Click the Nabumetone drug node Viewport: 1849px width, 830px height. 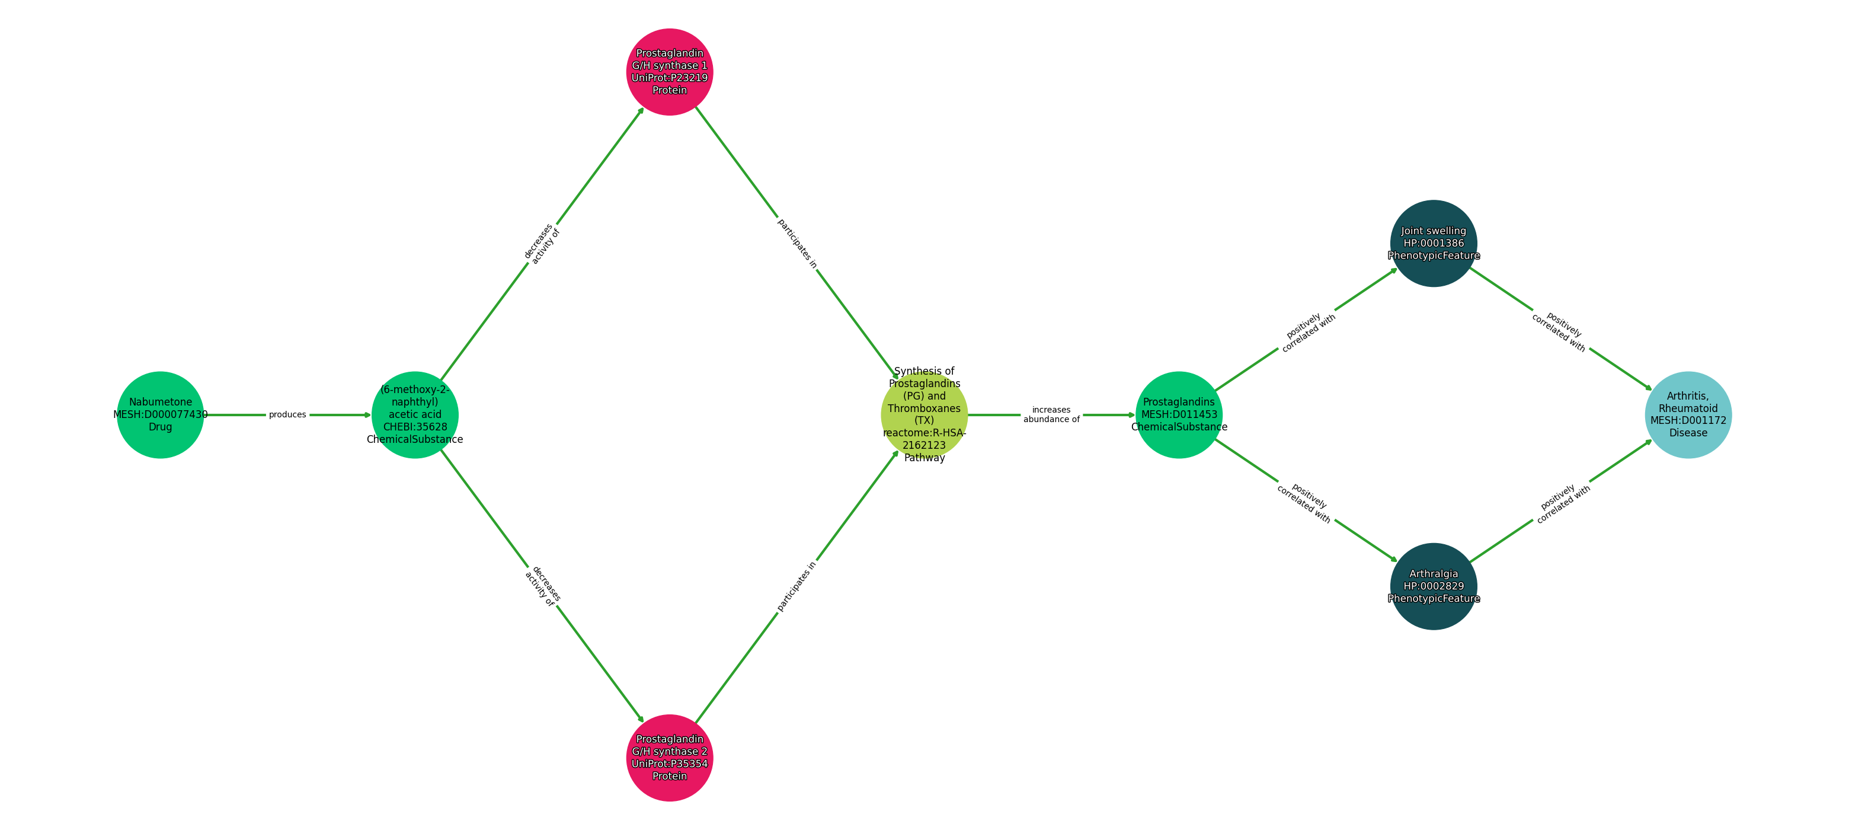(160, 415)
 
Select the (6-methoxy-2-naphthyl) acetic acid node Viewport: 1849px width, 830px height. (415, 415)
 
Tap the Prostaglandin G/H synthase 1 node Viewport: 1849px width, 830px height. (670, 72)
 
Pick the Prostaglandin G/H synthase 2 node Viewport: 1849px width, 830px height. (670, 758)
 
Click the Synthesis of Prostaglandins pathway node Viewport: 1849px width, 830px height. (924, 415)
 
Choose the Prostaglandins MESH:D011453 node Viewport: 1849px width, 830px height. (1179, 415)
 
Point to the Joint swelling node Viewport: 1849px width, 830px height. (1434, 244)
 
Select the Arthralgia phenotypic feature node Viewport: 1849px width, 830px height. (1434, 586)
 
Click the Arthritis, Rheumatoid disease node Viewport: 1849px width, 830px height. (1688, 415)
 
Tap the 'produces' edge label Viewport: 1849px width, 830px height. (287, 415)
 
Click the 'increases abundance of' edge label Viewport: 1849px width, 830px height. (1051, 415)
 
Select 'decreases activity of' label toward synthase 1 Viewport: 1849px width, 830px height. (542, 244)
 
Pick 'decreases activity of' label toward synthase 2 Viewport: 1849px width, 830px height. (542, 586)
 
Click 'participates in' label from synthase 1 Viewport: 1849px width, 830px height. (796, 244)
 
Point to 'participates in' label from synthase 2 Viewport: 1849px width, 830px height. (796, 586)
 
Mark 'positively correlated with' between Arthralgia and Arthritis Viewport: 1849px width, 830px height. (1563, 503)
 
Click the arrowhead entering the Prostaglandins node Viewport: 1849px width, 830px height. (1131, 415)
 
